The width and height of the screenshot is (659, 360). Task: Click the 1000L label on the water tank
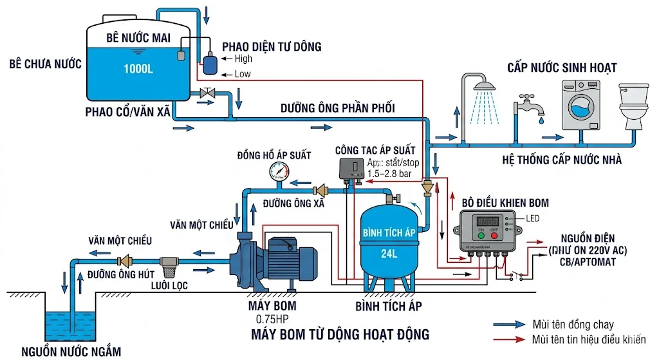[138, 69]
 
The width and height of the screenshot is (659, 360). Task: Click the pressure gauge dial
[280, 171]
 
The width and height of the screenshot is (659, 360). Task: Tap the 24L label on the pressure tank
[389, 252]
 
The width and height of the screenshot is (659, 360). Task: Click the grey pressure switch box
[352, 169]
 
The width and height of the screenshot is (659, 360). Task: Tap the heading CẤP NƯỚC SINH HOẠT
[562, 68]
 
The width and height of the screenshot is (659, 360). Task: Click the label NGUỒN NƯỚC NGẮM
[71, 352]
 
